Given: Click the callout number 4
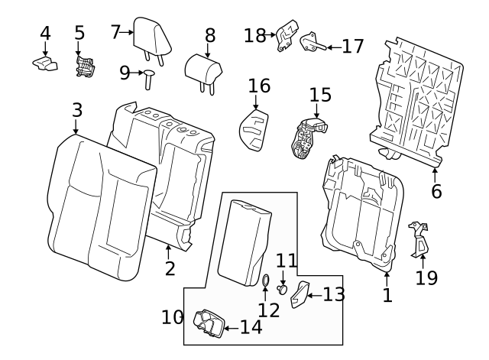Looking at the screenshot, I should [x=45, y=33].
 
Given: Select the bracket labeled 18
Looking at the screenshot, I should [x=285, y=37].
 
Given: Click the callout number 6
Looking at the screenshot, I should [x=436, y=191].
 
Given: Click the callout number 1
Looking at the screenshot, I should [x=387, y=294].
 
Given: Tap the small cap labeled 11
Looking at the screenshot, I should [x=283, y=289].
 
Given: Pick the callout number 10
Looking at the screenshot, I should [x=173, y=316].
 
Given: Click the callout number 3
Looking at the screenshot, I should [x=76, y=109].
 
